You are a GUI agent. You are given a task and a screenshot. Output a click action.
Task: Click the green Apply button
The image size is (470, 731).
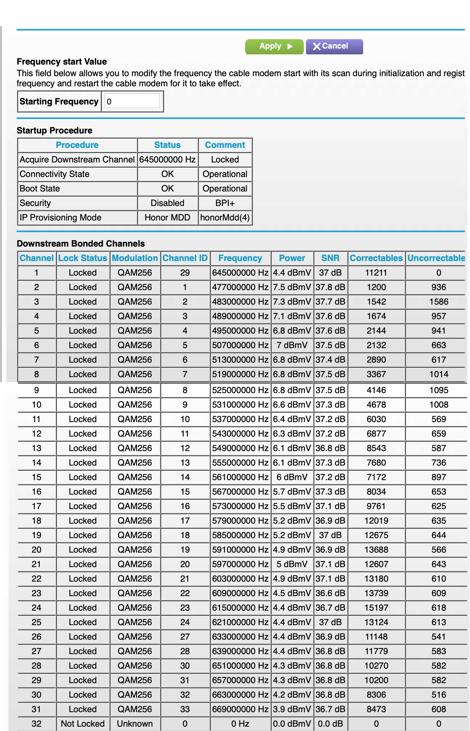point(274,46)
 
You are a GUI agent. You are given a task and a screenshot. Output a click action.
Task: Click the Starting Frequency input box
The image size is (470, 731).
point(133,101)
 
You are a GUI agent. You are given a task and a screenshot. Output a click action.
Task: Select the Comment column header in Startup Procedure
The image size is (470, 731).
point(225,145)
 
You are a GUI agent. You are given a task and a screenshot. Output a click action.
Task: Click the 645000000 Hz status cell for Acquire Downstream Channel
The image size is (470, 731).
point(167,160)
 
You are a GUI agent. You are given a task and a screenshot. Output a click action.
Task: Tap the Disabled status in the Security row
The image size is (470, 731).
point(167,203)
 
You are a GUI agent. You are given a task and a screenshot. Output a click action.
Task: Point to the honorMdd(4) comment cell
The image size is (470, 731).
point(225,218)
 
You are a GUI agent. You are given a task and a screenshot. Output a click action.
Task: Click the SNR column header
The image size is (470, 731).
point(330,258)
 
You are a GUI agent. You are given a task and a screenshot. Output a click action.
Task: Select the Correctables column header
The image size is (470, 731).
point(376,258)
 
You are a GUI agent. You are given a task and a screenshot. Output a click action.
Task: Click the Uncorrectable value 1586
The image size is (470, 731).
point(438,302)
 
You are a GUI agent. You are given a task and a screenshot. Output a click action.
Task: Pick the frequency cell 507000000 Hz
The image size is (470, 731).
point(240,345)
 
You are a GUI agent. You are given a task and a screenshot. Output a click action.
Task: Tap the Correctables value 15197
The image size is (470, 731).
point(376,608)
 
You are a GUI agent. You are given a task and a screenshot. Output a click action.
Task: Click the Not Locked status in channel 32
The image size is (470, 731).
point(83,724)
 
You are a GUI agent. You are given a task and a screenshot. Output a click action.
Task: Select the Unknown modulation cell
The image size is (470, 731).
point(135,724)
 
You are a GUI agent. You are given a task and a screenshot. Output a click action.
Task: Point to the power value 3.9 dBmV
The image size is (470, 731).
point(292,709)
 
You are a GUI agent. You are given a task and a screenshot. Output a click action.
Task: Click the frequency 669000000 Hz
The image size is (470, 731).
point(240,709)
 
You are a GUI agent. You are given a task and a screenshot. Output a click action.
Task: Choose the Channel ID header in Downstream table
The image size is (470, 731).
point(185,258)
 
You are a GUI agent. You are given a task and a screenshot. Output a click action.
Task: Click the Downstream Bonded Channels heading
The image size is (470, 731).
point(81,244)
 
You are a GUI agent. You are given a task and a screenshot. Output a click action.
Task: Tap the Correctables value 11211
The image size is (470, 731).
point(376,273)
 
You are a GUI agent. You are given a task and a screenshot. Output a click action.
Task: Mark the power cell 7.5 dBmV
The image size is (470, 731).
point(292,287)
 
